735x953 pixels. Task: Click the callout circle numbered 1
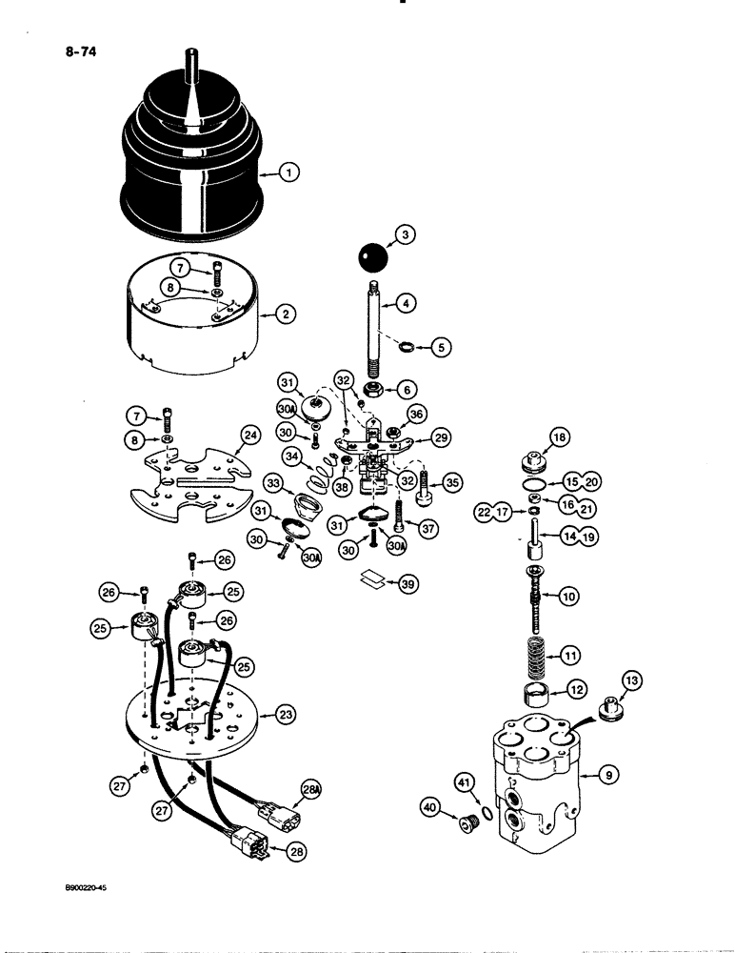(x=289, y=172)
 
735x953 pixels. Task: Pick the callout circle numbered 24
(x=250, y=436)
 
